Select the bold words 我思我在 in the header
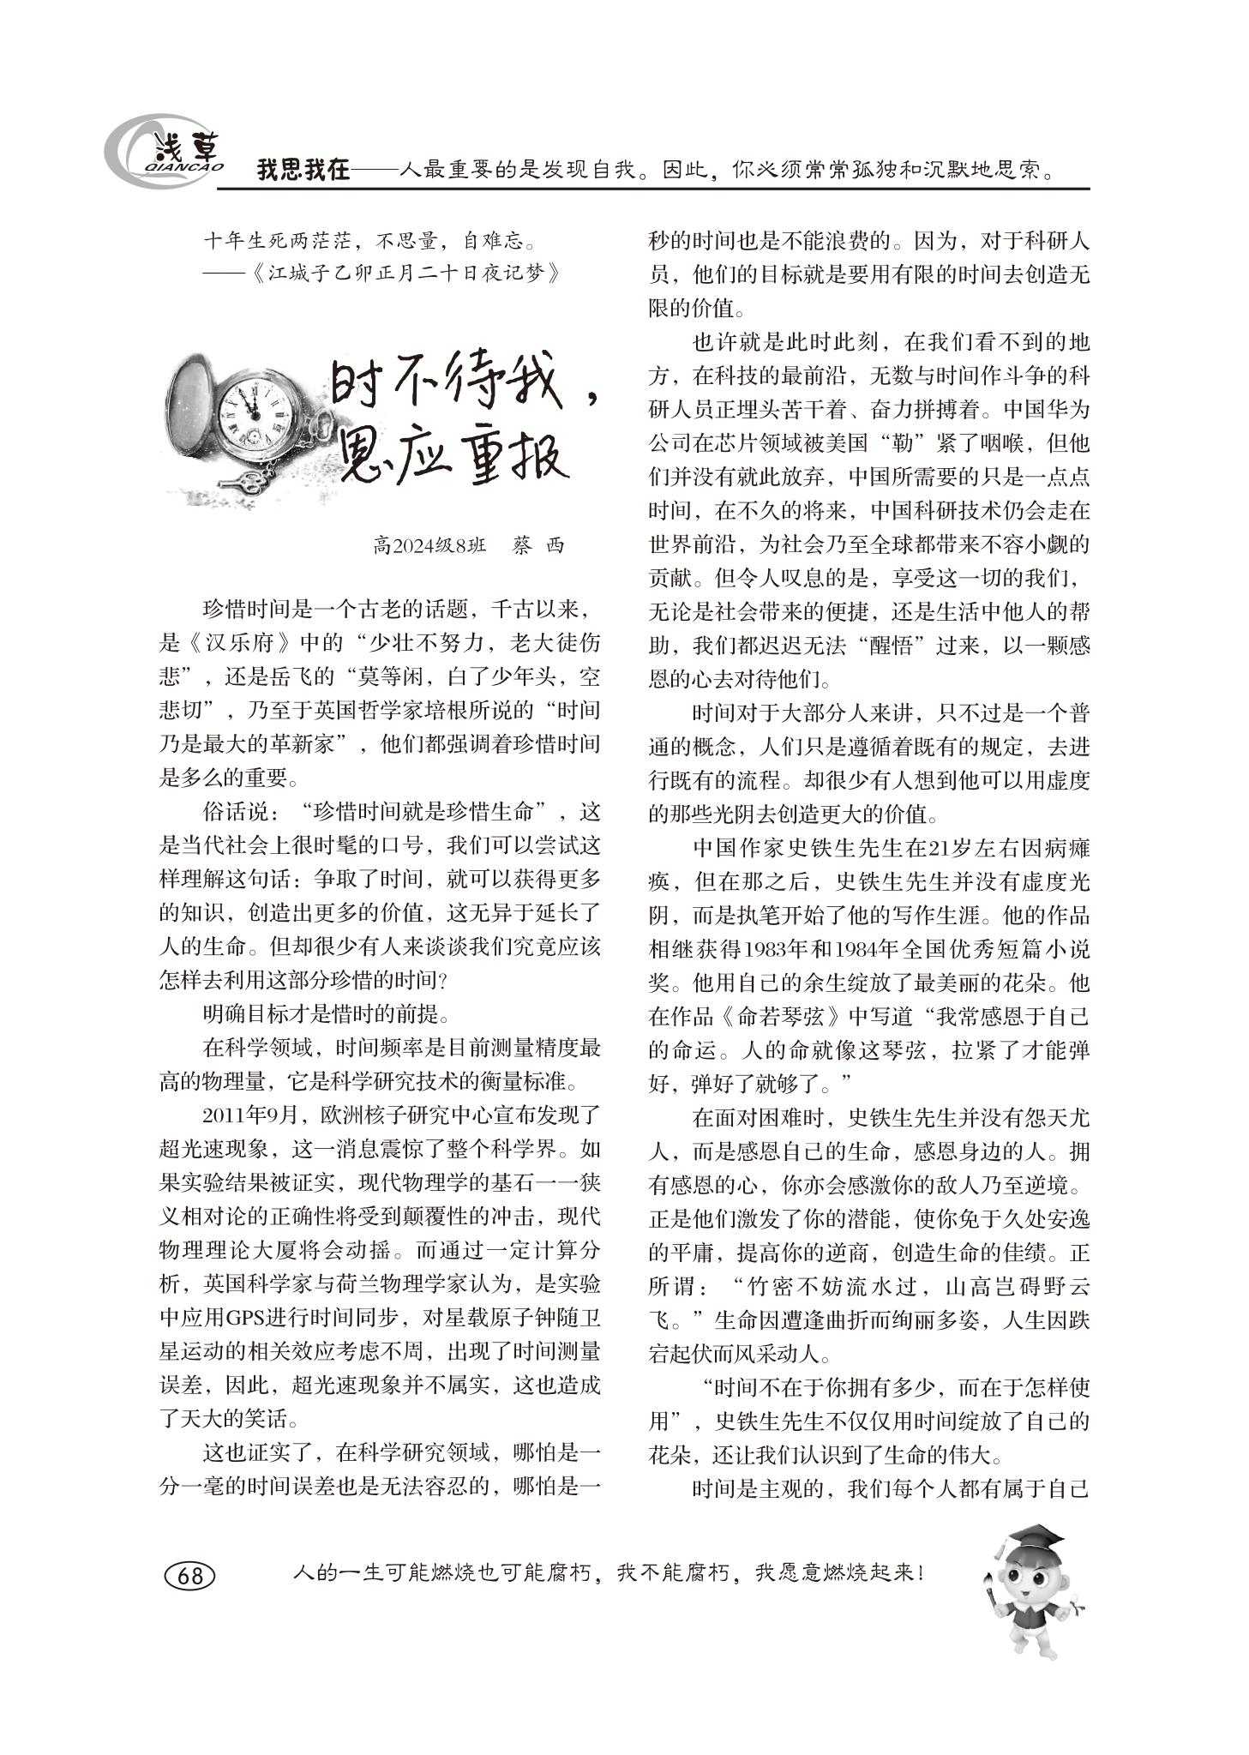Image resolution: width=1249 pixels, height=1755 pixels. [x=304, y=170]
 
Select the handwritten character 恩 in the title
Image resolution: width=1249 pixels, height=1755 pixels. [x=369, y=458]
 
